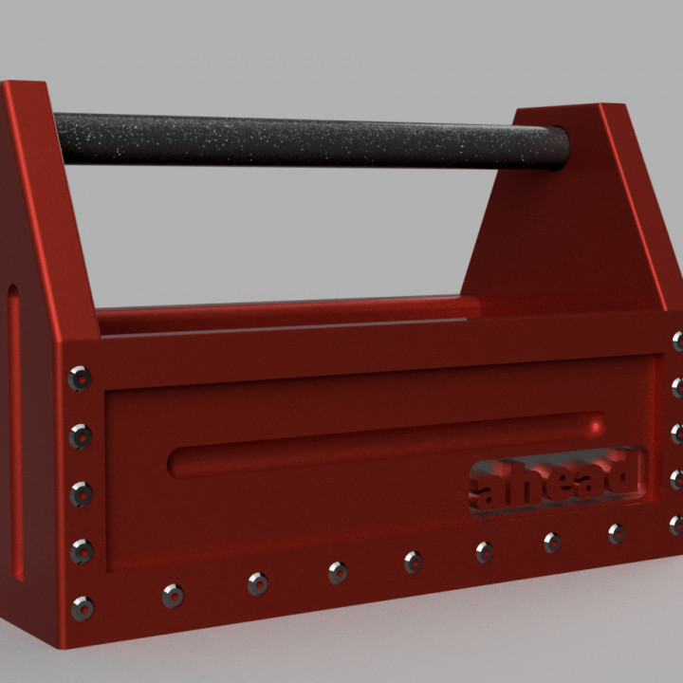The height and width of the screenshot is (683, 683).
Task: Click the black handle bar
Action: (304, 140)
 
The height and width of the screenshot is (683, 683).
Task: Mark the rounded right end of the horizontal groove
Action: (595, 424)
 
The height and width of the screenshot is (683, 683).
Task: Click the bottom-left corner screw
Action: (83, 607)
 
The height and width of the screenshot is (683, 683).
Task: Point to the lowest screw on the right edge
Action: (676, 524)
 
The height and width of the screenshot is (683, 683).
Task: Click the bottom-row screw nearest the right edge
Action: (617, 533)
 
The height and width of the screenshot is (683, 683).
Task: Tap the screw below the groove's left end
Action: (173, 596)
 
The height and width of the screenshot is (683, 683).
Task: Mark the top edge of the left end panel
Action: (26, 86)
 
